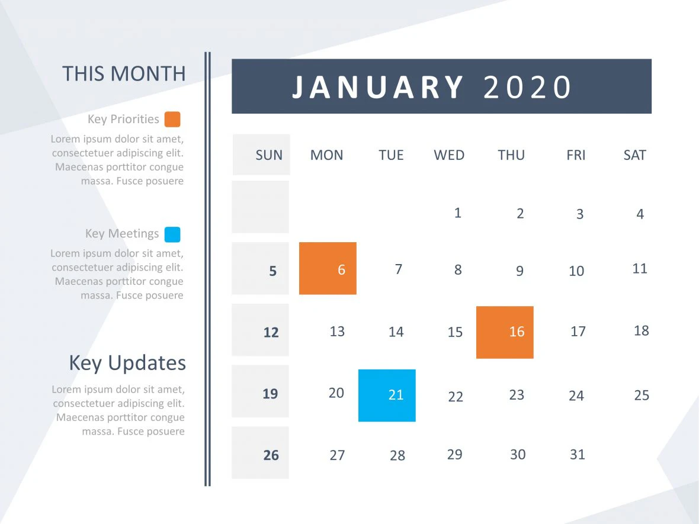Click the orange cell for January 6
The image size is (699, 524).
[x=328, y=268]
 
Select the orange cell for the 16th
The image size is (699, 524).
[x=505, y=332]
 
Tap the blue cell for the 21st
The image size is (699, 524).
[x=387, y=396]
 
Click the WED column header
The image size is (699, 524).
[x=449, y=155]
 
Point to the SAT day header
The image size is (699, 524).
[x=634, y=155]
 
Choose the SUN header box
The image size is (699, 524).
[x=261, y=155]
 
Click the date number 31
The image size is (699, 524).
[x=577, y=455]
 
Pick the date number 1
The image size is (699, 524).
[x=457, y=213]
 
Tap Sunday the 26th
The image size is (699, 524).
[x=271, y=455]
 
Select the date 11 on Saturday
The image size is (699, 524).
[x=640, y=269]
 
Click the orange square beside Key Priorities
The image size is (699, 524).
[x=172, y=120]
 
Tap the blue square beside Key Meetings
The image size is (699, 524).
[x=172, y=234]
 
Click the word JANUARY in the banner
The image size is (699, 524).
[x=379, y=87]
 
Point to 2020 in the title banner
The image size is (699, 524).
[x=527, y=87]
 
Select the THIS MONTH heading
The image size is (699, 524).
[x=124, y=74]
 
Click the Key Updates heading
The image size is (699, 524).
[x=127, y=363]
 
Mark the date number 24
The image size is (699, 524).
[x=576, y=396]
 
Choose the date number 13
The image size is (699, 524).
[x=337, y=332]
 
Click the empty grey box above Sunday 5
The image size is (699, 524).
[x=261, y=207]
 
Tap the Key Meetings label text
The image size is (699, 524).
[x=122, y=234]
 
